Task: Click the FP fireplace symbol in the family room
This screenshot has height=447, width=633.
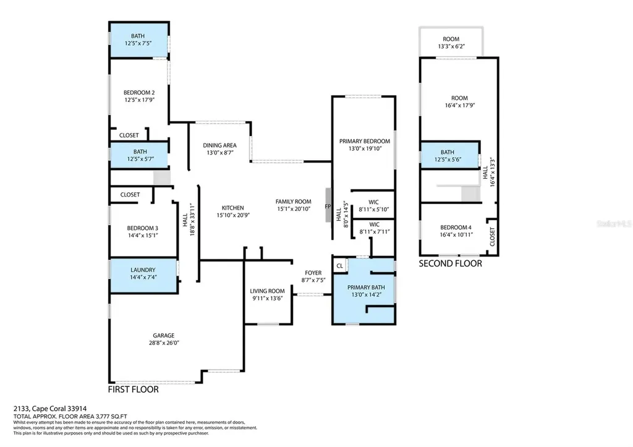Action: click(328, 206)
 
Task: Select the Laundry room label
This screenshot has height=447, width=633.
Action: click(143, 270)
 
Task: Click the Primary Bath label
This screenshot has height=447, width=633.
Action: click(366, 287)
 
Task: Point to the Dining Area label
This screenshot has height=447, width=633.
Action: click(219, 145)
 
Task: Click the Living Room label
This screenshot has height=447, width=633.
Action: click(267, 291)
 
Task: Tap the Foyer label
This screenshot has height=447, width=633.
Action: click(313, 273)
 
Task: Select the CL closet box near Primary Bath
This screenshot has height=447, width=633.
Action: click(339, 266)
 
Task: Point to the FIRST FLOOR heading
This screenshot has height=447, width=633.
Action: click(133, 390)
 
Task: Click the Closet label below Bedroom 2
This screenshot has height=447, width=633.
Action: click(129, 135)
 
